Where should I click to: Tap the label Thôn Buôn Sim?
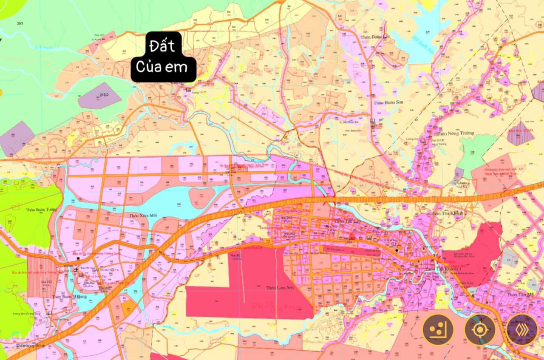(388, 103)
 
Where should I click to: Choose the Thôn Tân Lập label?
(347, 221)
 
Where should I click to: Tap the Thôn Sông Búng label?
(30, 346)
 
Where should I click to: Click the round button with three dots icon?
(438, 329)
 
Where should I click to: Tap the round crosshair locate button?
(480, 329)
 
